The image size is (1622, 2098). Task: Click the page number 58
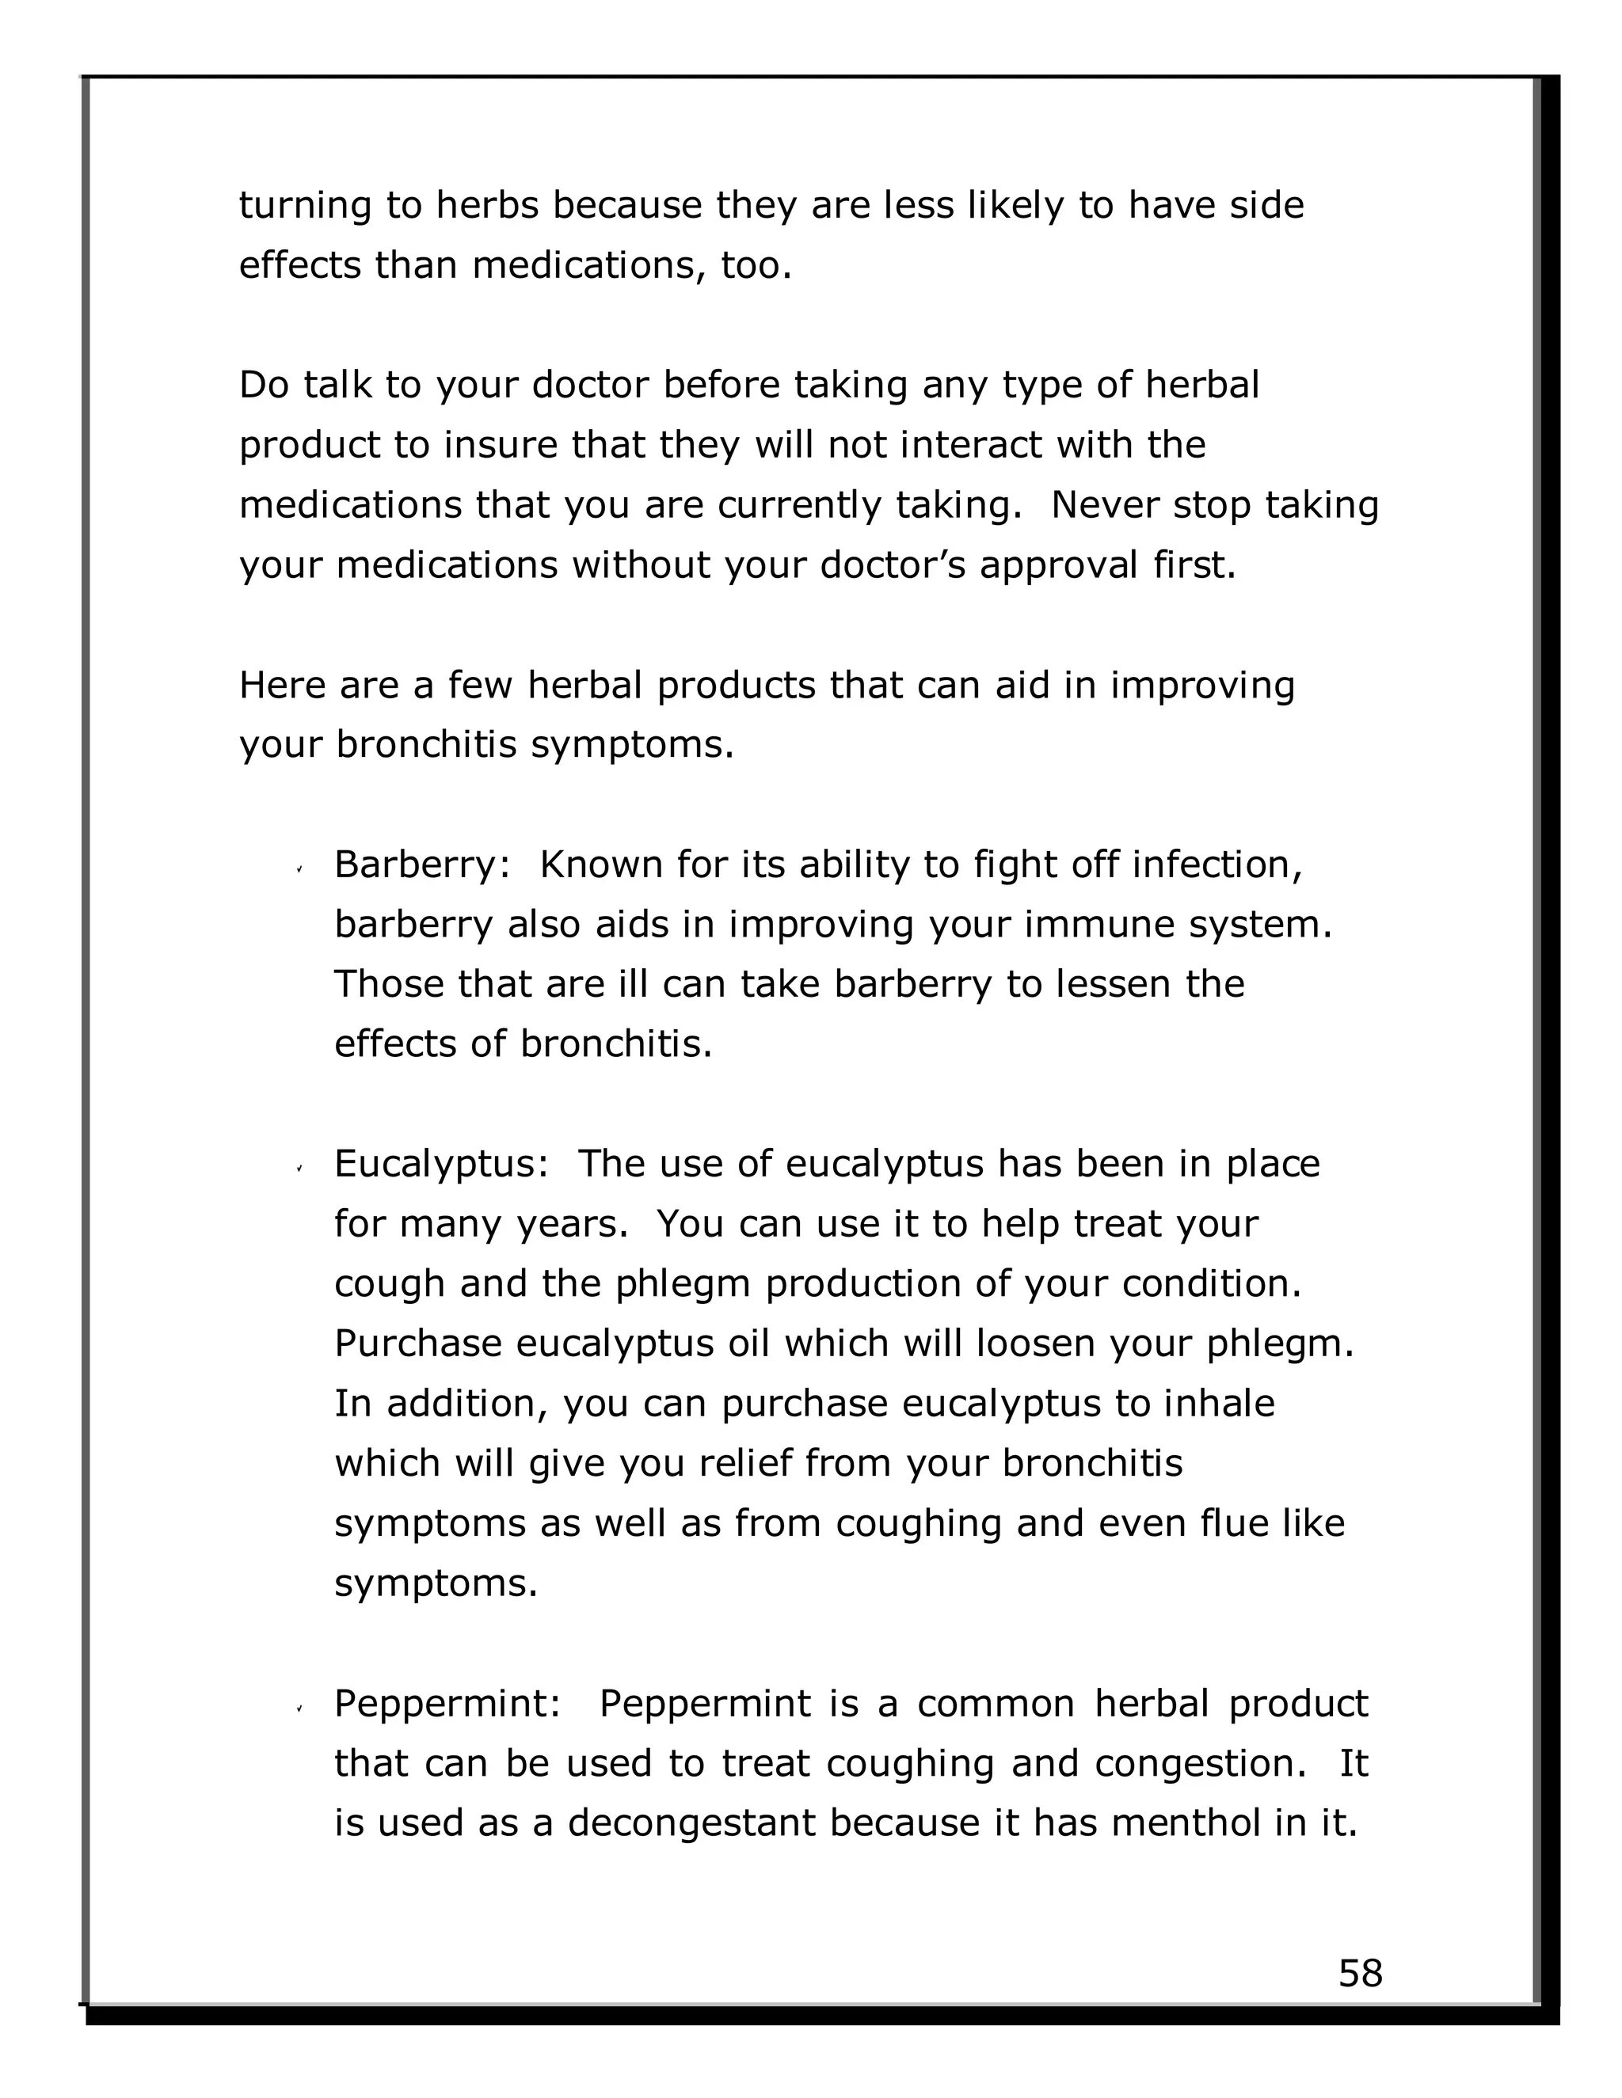tap(1360, 1973)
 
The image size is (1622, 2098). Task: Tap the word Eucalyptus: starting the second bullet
tap(441, 1165)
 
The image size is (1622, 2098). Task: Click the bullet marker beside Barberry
tap(300, 869)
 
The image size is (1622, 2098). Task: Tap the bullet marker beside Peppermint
tap(300, 1708)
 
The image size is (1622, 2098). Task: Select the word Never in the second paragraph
tap(1104, 505)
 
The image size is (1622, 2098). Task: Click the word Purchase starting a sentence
tap(417, 1344)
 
